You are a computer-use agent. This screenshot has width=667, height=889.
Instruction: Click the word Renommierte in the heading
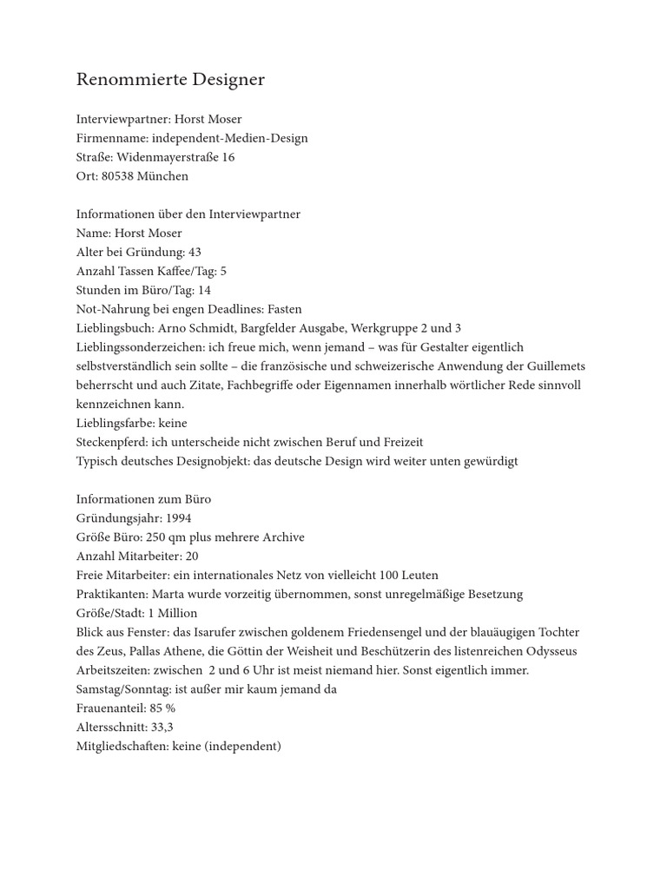117,80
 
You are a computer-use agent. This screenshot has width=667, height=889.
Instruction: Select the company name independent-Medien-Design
230,138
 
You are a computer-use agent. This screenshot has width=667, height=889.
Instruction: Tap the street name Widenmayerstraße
168,157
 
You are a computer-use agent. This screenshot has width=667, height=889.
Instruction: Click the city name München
162,176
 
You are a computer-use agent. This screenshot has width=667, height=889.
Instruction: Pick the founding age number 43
195,252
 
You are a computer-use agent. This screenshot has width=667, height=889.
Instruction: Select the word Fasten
285,309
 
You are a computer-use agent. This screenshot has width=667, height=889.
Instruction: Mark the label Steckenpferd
111,442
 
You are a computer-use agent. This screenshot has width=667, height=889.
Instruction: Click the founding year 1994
178,518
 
